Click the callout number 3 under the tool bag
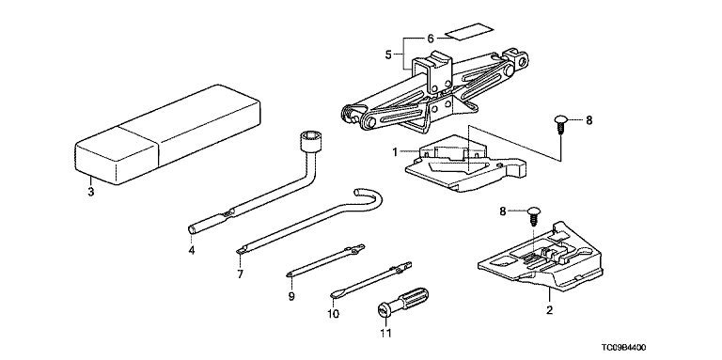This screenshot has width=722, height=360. (x=90, y=192)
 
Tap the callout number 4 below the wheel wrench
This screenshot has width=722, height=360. (x=192, y=250)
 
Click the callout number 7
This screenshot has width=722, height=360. (x=240, y=274)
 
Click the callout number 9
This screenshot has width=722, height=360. (x=291, y=296)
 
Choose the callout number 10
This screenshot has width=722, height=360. (x=333, y=314)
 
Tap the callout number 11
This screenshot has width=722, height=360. (x=385, y=333)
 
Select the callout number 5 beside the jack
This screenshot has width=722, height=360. (x=387, y=55)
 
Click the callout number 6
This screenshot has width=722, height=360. (x=431, y=38)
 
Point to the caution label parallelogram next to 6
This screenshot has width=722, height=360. (x=469, y=32)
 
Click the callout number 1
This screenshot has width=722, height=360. (x=395, y=151)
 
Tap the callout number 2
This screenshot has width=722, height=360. (x=549, y=310)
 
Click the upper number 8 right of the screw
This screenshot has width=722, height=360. (x=589, y=120)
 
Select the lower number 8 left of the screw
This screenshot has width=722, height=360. (x=503, y=211)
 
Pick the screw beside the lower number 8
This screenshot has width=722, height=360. (x=533, y=215)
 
